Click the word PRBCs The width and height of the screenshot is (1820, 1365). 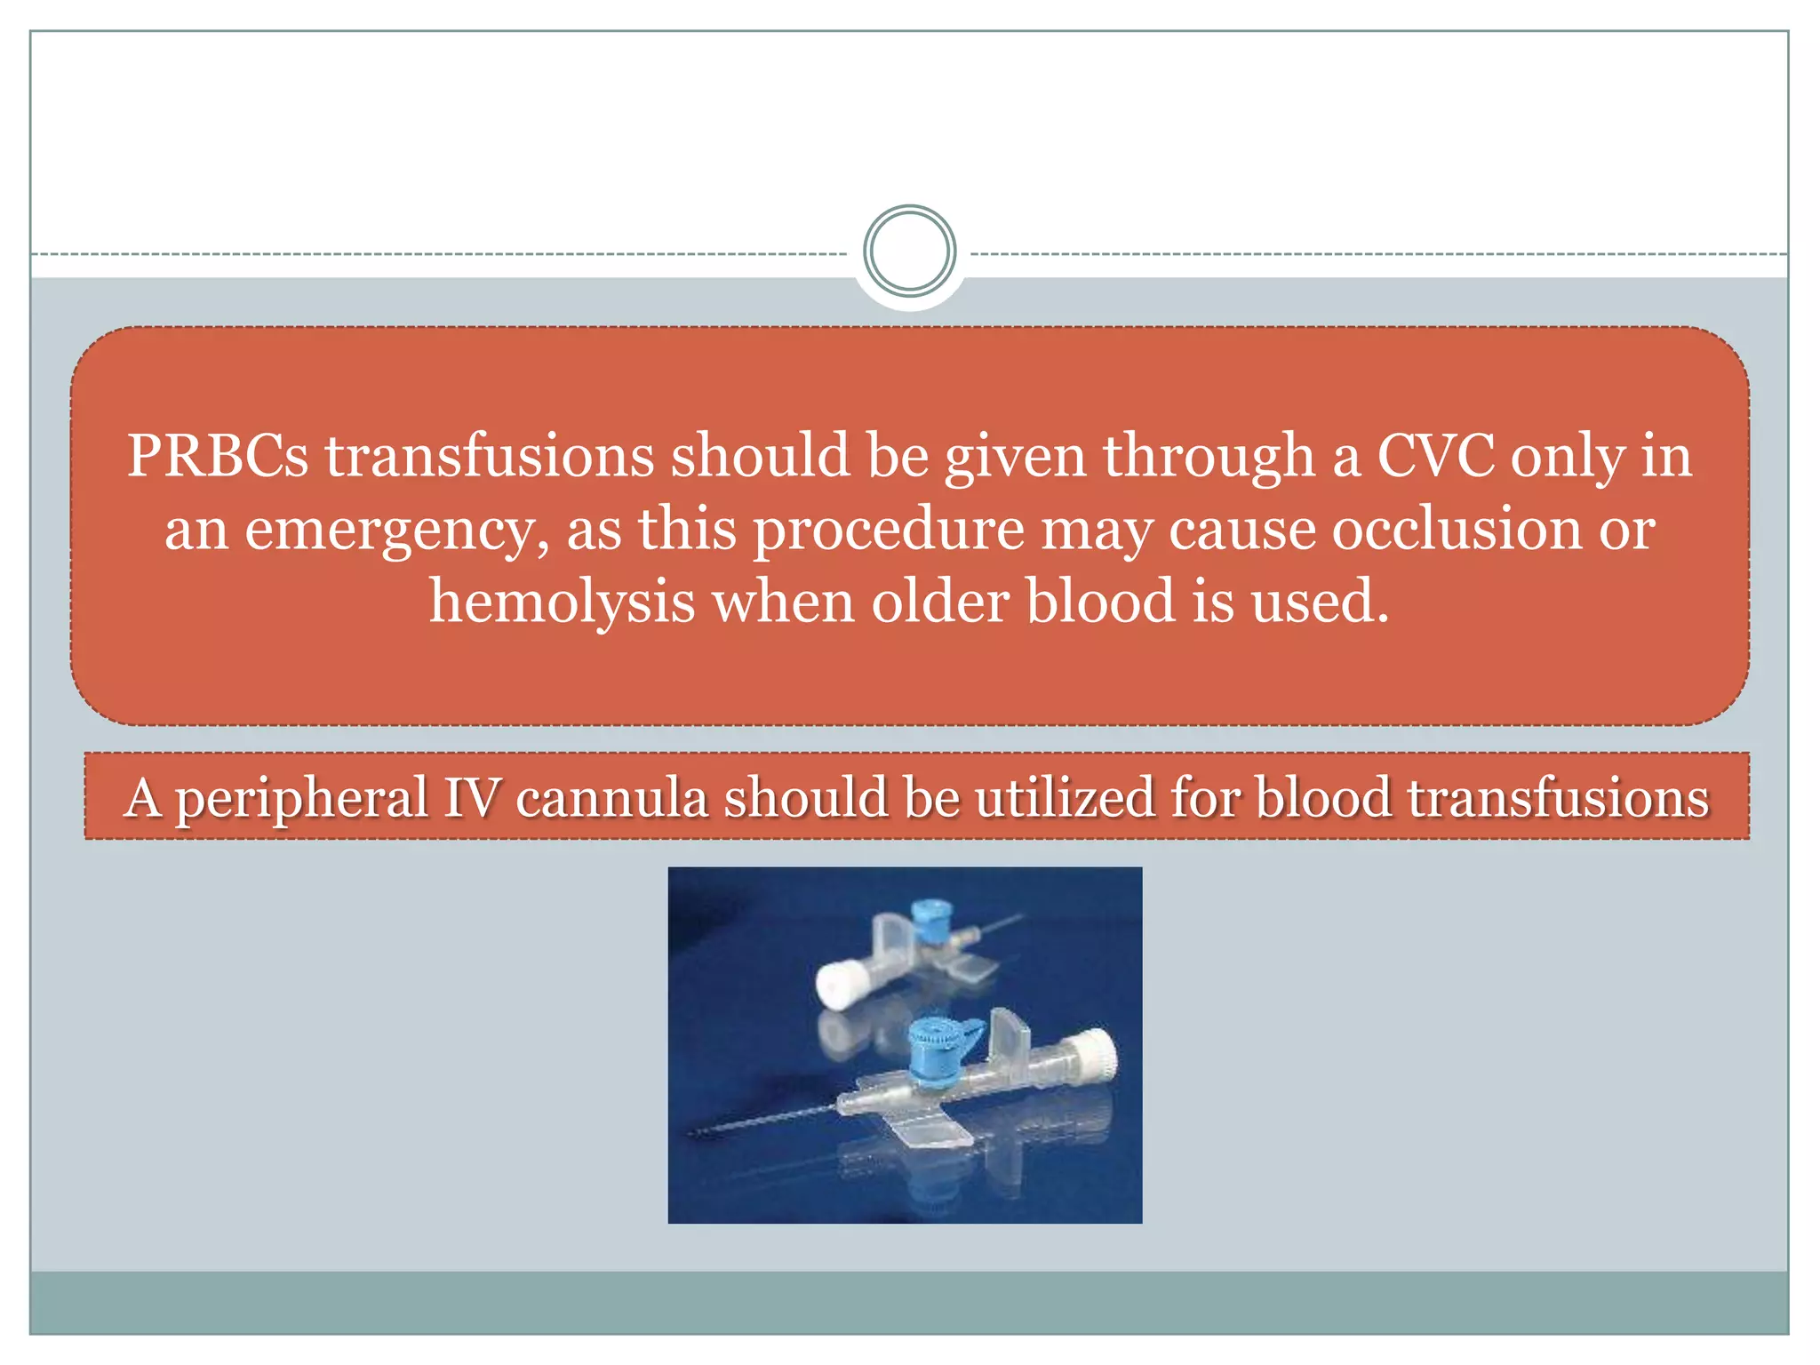click(217, 456)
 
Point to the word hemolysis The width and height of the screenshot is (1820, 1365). click(562, 602)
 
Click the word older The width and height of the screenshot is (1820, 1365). click(939, 602)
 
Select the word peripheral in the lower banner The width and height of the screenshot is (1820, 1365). click(301, 799)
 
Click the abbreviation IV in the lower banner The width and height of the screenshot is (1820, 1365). click(472, 797)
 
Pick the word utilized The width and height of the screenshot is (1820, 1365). click(1064, 797)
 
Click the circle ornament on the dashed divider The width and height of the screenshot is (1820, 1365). click(909, 251)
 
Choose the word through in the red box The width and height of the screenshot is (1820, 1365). click(1209, 456)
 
